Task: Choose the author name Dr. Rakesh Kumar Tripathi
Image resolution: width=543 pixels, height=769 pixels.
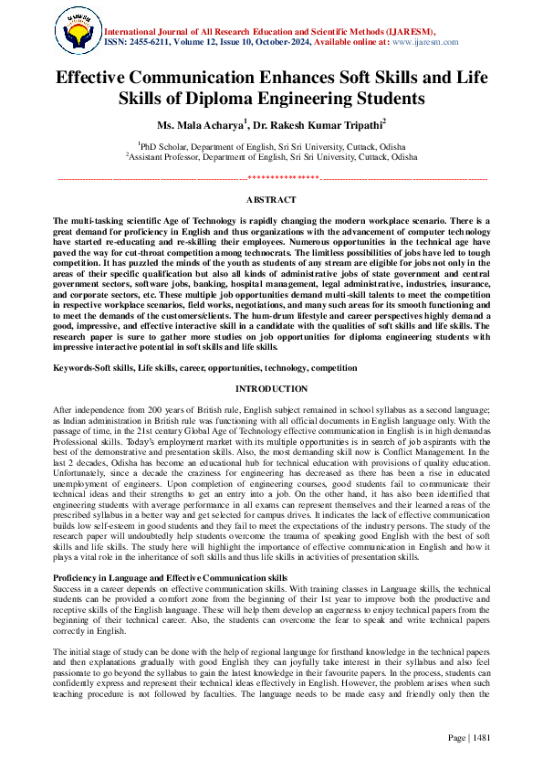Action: tap(310, 122)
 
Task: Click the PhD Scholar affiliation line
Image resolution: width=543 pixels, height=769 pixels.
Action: tap(271, 146)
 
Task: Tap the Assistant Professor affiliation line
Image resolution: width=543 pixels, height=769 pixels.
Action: tap(271, 157)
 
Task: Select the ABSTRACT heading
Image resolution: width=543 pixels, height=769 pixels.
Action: tap(271, 199)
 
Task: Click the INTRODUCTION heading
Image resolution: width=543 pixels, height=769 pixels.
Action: tap(271, 389)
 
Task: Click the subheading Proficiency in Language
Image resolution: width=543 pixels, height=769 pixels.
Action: tap(170, 578)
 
